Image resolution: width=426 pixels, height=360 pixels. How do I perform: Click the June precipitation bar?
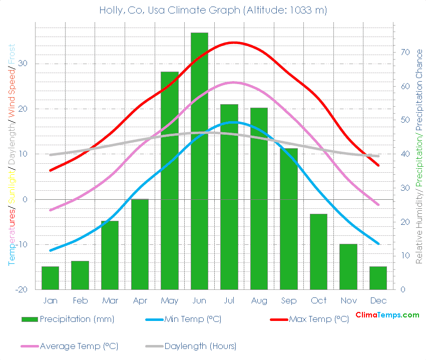[199, 161]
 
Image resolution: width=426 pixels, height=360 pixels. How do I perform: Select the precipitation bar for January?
[50, 278]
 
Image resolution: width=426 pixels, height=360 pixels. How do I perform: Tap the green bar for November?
[348, 266]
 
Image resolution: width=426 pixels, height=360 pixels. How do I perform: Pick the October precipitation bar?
[318, 251]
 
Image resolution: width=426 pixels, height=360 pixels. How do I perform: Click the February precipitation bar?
[80, 275]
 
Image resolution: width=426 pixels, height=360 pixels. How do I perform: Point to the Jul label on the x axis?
[229, 300]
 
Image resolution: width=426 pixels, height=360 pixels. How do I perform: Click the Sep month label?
[289, 300]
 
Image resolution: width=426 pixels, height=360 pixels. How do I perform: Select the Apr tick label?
[140, 300]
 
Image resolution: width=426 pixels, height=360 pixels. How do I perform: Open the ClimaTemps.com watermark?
[387, 315]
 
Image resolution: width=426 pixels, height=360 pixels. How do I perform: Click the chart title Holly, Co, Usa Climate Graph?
[213, 10]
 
